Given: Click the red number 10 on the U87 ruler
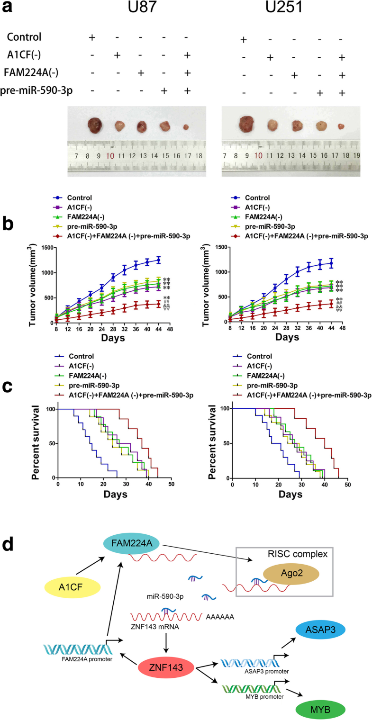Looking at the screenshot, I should (110, 156).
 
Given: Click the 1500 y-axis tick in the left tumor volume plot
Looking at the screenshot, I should (46, 247).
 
